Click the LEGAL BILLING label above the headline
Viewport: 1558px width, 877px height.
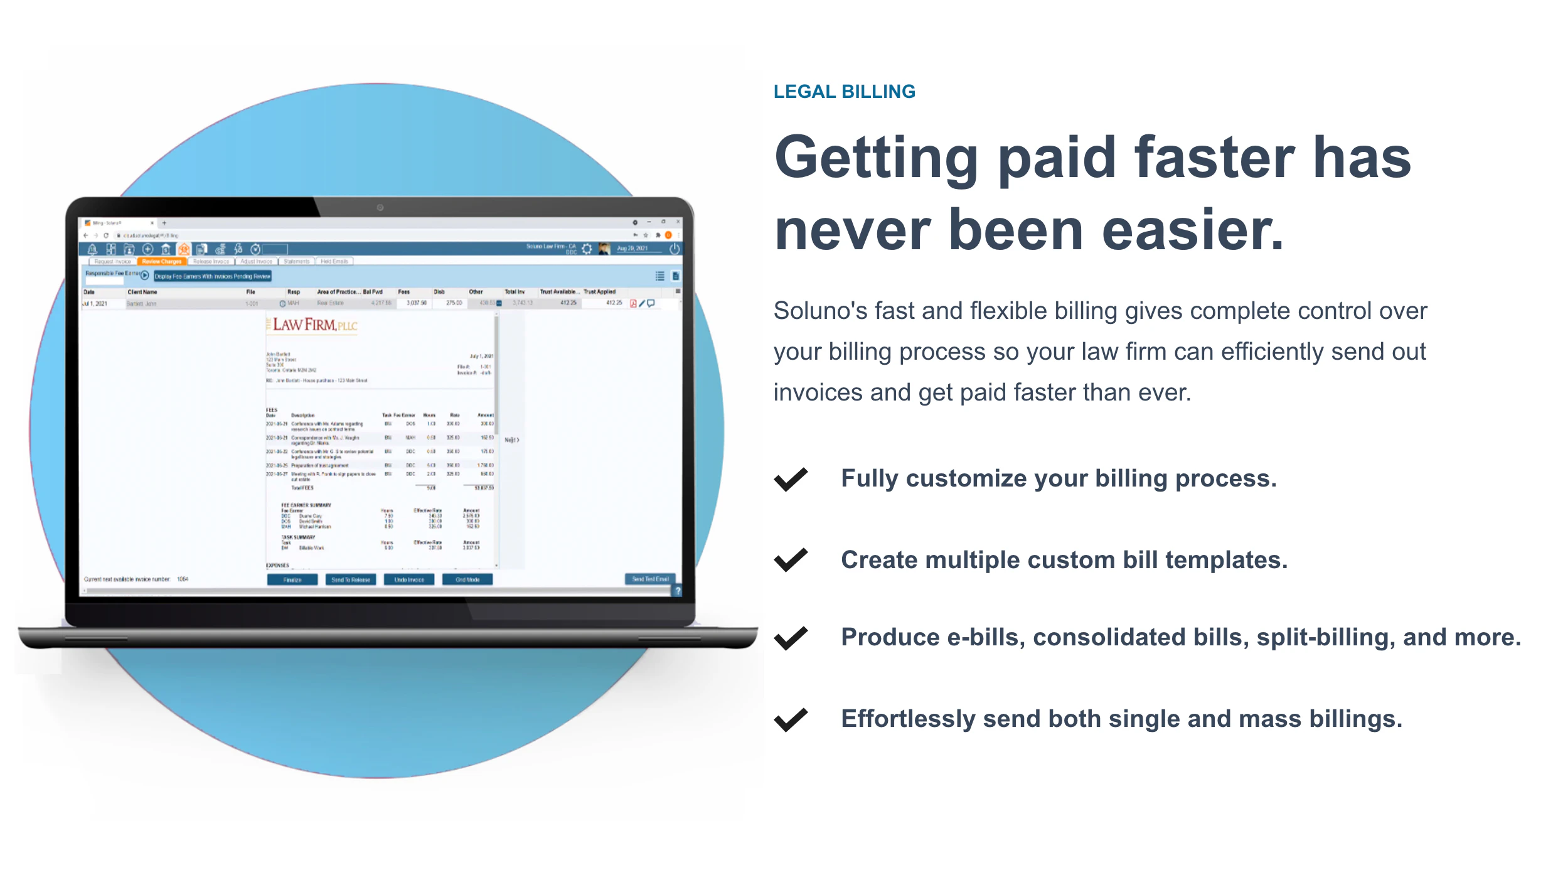click(844, 92)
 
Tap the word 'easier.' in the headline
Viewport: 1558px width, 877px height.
click(1193, 230)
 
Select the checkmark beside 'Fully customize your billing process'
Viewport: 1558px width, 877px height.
click(791, 479)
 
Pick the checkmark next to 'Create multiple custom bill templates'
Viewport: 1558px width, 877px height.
click(791, 560)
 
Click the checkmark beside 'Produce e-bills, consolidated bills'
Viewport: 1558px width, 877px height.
click(791, 638)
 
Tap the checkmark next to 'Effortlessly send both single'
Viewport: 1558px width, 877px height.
click(791, 719)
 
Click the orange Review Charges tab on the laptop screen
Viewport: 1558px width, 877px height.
click(161, 261)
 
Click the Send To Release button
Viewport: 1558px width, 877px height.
click(351, 579)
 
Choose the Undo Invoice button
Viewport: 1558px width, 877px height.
click(409, 579)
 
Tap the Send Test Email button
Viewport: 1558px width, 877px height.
click(650, 579)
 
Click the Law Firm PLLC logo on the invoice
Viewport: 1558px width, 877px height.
click(314, 325)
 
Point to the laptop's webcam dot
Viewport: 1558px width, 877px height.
click(380, 208)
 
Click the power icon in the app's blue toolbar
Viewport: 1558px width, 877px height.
click(675, 249)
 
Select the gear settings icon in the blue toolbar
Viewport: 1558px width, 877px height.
click(587, 249)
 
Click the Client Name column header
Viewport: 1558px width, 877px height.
click(142, 292)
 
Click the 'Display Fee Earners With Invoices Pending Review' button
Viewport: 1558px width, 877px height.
click(213, 276)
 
